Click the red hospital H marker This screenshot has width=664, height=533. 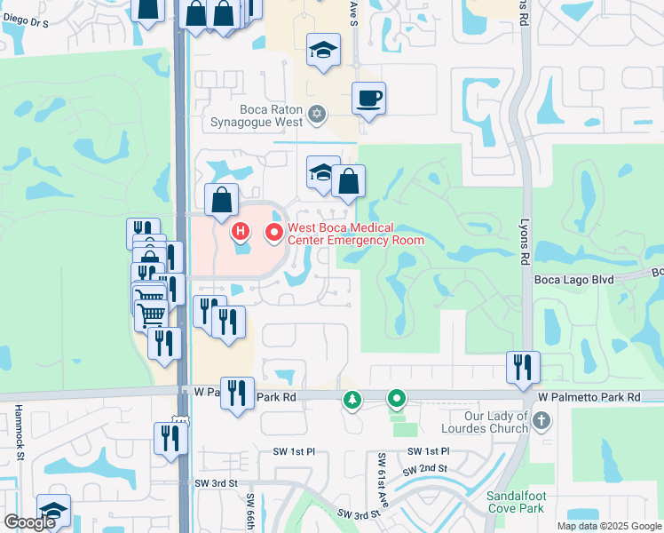click(240, 233)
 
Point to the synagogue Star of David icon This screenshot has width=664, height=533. click(317, 114)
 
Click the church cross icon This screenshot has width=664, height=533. click(541, 417)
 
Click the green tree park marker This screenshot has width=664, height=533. click(352, 401)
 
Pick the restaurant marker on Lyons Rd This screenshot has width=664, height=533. click(523, 366)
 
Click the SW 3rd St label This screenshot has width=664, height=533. click(217, 483)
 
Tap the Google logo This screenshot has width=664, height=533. click(29, 522)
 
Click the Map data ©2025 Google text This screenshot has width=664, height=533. click(609, 526)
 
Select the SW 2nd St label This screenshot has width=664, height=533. click(428, 468)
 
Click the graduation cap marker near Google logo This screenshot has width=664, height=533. click(53, 512)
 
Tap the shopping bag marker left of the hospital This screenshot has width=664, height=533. click(221, 200)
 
